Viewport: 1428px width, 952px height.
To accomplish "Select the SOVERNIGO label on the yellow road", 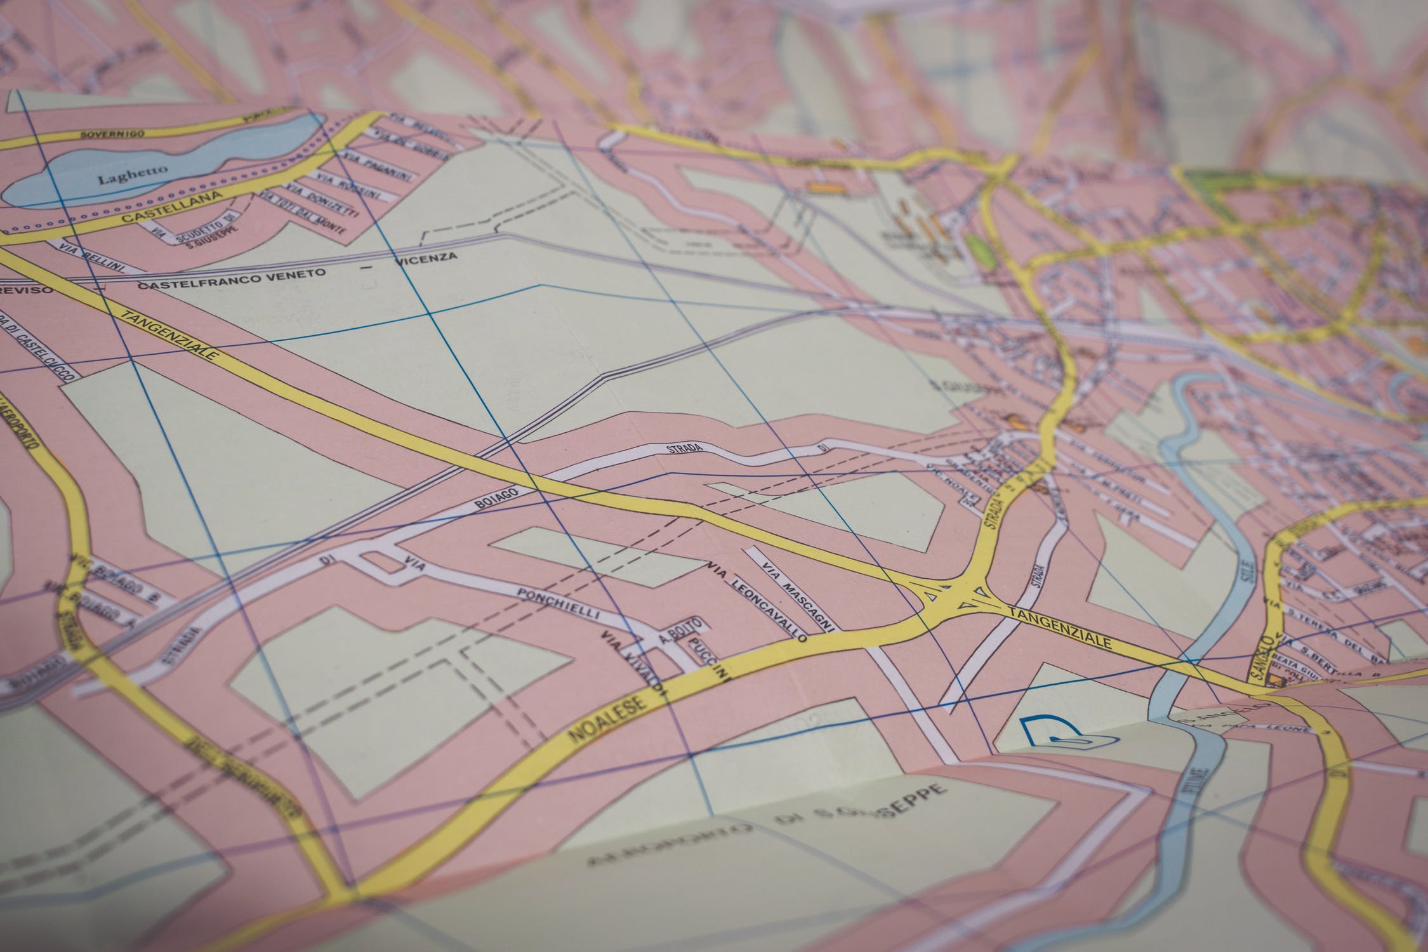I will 113,135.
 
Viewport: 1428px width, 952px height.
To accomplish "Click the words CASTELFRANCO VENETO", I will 232,279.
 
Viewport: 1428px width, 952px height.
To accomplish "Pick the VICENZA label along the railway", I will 425,258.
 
